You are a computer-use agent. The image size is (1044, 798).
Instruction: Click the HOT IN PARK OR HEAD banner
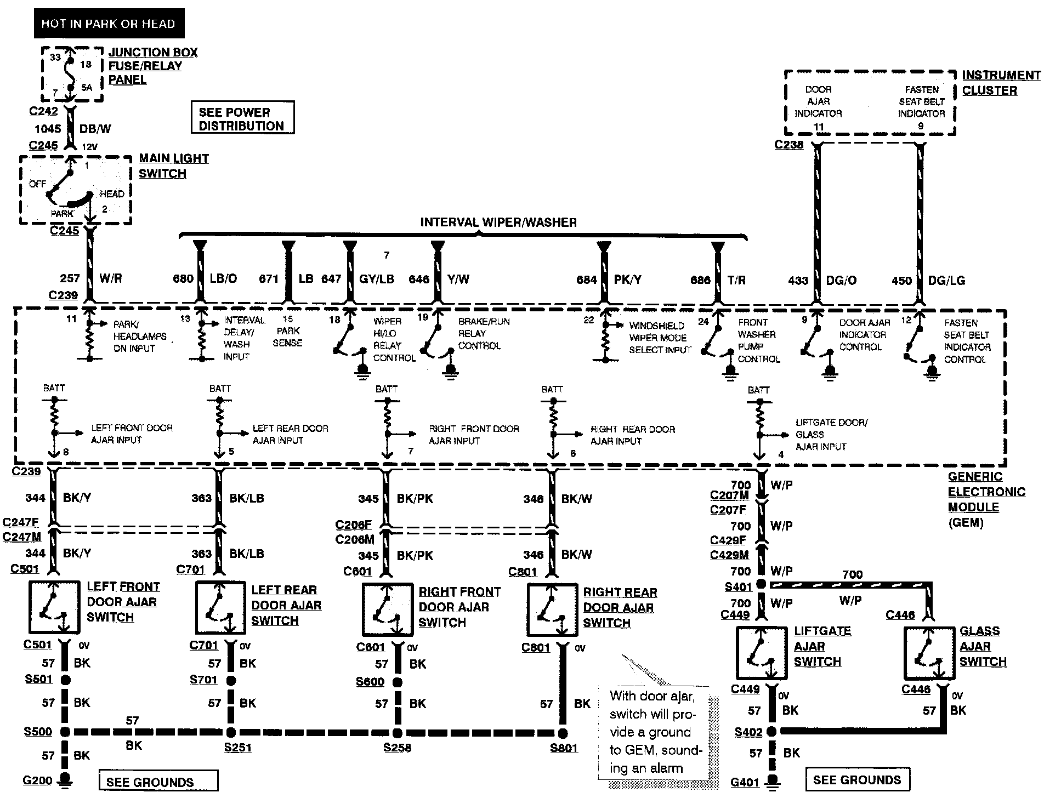point(109,24)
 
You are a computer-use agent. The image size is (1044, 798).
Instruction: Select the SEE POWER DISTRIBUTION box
point(242,118)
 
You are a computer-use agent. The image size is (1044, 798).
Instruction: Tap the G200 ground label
point(38,780)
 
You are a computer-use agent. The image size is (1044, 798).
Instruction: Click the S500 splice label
point(38,732)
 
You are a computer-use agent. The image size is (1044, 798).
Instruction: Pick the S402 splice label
point(748,733)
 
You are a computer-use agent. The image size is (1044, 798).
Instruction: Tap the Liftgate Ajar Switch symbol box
point(762,653)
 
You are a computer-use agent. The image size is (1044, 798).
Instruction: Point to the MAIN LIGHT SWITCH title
point(173,166)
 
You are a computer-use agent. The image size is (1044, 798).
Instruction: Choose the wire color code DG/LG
point(946,281)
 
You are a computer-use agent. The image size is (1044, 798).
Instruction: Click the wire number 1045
point(48,128)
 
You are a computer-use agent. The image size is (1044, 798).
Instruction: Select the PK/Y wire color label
point(627,280)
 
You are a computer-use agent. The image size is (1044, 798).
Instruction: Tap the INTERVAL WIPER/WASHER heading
point(498,222)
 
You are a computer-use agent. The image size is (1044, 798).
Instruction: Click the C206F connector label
point(354,525)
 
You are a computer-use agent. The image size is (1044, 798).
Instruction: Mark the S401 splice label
point(738,587)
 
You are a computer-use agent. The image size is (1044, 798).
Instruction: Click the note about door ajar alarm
point(653,732)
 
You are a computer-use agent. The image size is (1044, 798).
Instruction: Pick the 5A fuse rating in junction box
point(87,87)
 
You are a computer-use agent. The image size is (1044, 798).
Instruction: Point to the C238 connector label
point(788,145)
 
